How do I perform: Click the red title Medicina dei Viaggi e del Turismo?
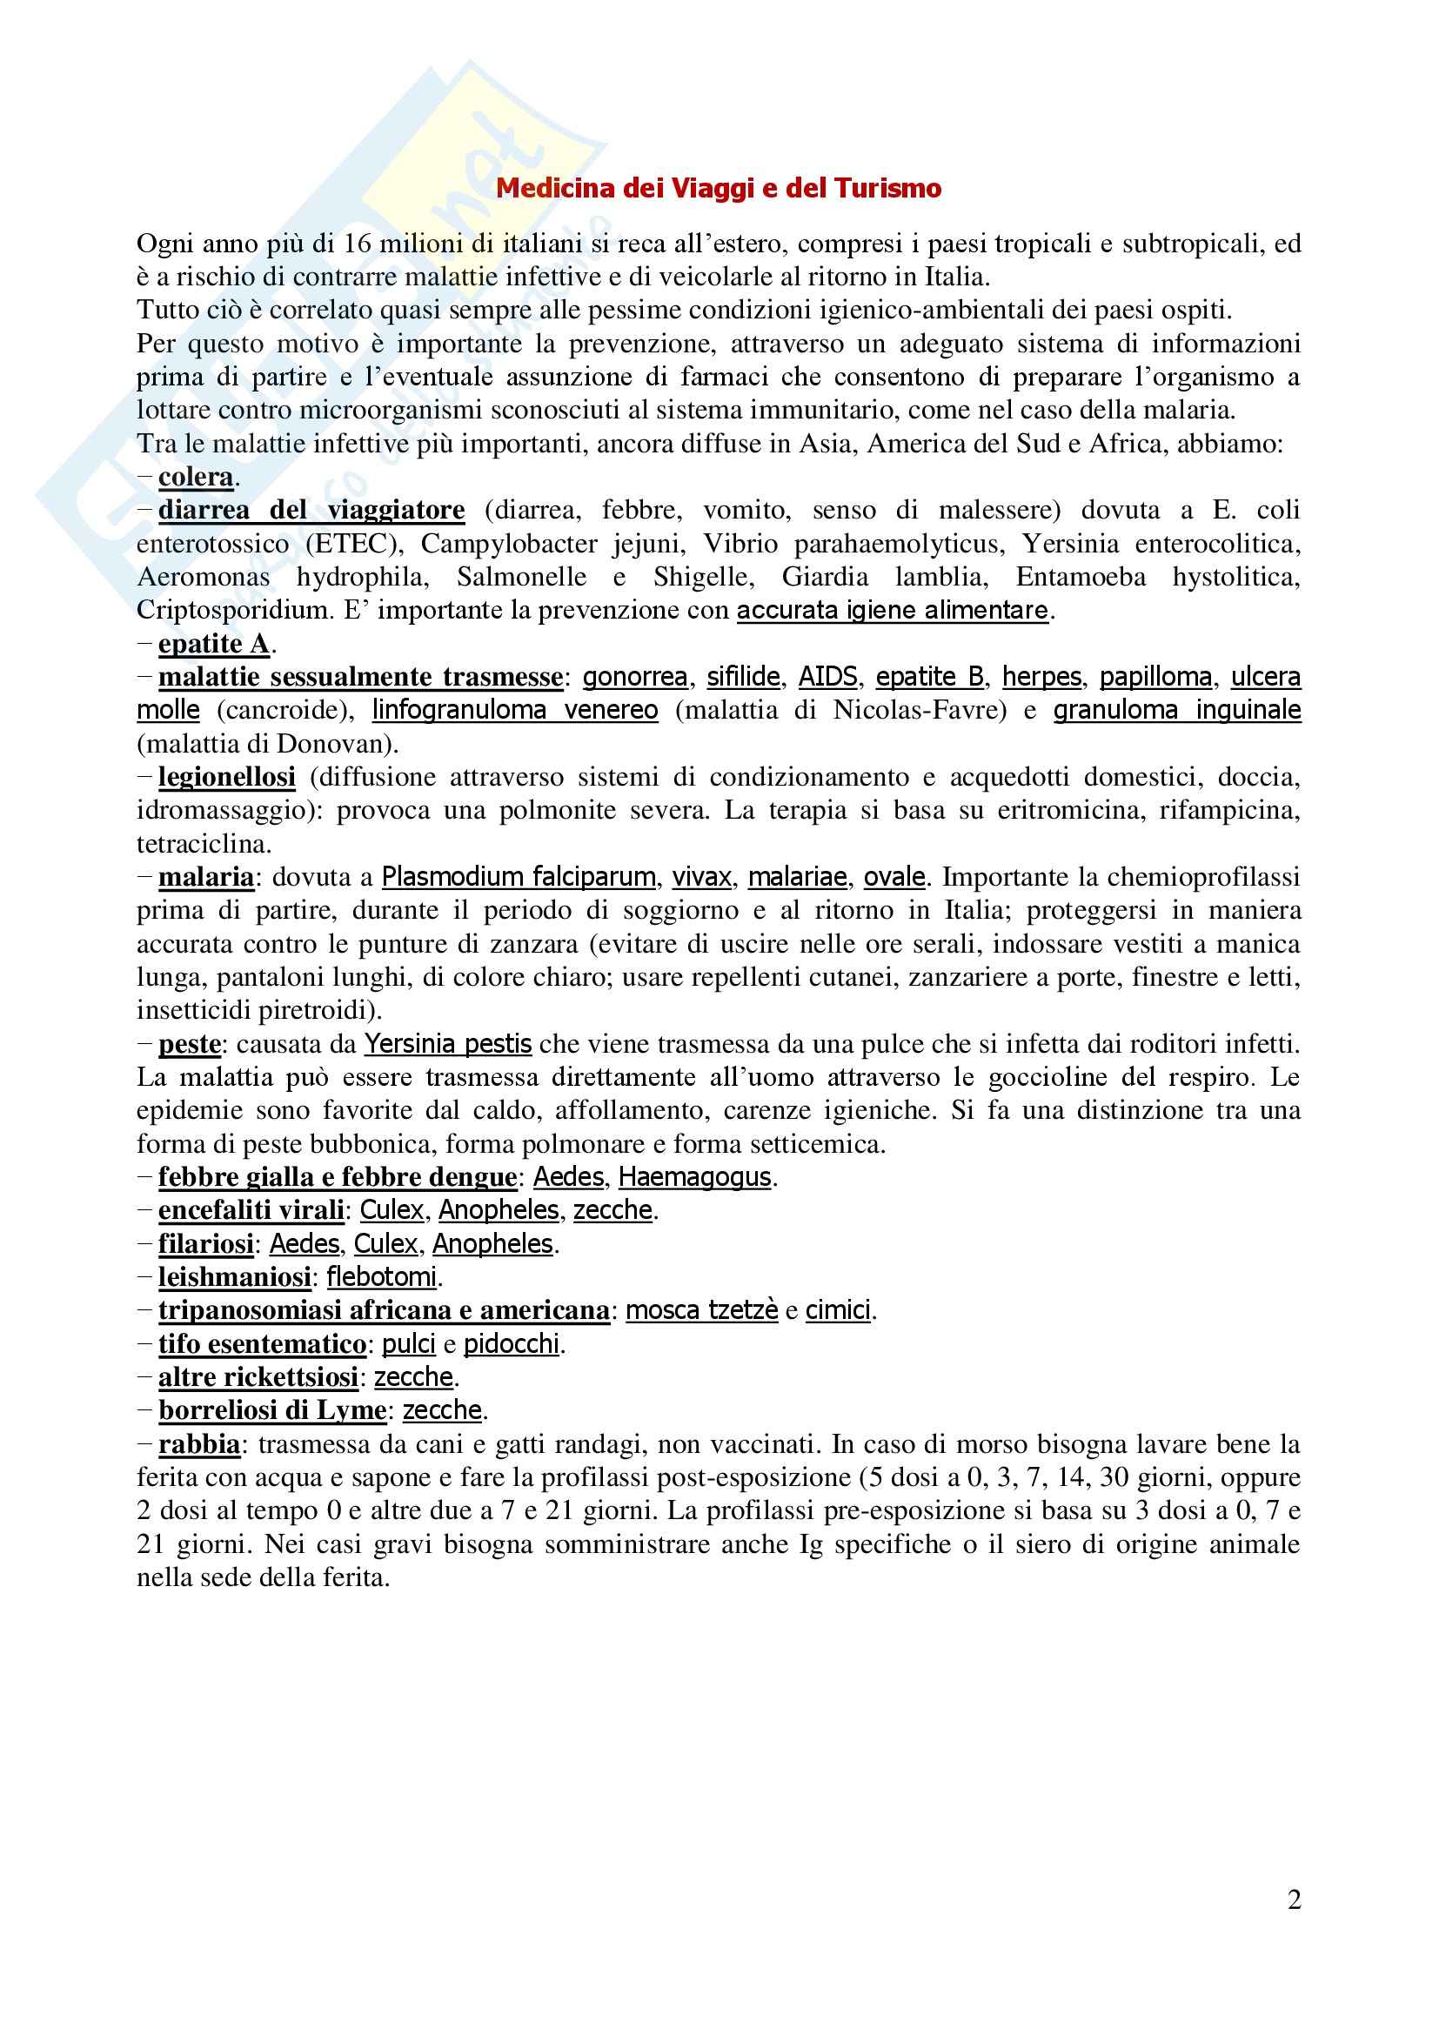click(x=718, y=188)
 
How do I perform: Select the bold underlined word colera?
click(x=196, y=477)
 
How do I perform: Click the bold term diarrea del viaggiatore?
click(x=311, y=511)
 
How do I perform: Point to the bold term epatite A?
click(x=213, y=644)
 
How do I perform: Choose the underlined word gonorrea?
click(x=634, y=677)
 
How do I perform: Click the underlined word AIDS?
click(x=827, y=677)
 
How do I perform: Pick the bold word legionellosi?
click(x=227, y=777)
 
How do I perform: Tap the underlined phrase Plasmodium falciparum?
click(x=519, y=878)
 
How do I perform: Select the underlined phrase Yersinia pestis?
click(x=447, y=1044)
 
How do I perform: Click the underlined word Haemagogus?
click(x=694, y=1177)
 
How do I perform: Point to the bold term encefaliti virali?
click(x=251, y=1210)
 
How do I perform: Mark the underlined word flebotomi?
click(x=382, y=1277)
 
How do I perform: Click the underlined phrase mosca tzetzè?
click(x=702, y=1310)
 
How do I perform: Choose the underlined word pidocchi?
click(x=512, y=1343)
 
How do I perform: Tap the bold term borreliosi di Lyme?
click(x=272, y=1410)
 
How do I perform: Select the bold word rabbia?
click(x=199, y=1444)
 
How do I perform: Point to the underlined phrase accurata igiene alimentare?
click(x=893, y=611)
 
